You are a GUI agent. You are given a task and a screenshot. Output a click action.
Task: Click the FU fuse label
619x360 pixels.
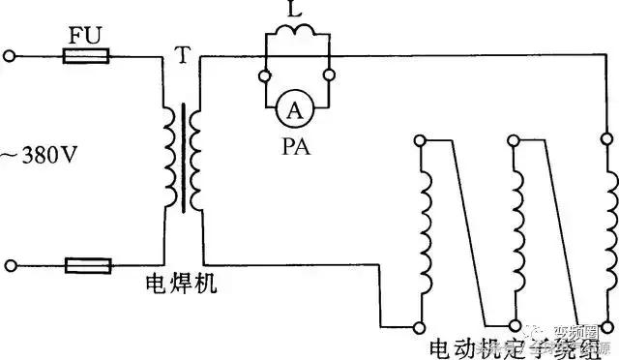click(86, 37)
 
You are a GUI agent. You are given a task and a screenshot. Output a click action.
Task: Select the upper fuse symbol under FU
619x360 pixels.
click(86, 57)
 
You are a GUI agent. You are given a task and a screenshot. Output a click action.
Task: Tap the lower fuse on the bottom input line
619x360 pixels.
click(86, 263)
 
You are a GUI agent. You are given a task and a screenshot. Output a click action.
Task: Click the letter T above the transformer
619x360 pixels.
click(183, 55)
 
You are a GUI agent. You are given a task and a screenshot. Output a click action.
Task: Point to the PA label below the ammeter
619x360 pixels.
click(297, 147)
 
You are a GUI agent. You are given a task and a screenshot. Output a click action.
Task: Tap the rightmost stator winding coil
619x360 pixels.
click(608, 223)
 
